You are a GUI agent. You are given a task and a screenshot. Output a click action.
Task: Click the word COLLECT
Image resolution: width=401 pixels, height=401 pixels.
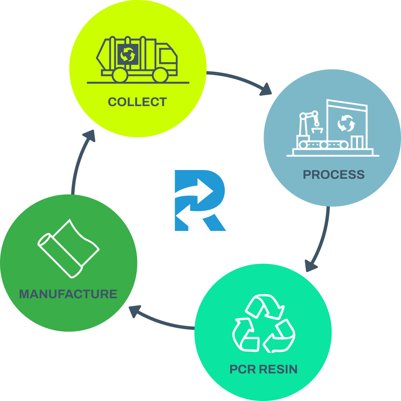click(137, 102)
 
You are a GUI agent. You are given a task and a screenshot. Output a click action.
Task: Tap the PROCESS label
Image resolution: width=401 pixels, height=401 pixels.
click(333, 174)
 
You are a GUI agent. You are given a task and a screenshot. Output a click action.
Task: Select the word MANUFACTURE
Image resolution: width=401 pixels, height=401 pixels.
click(68, 294)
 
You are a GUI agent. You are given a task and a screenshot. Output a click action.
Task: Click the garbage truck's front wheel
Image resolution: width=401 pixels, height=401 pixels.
click(160, 75)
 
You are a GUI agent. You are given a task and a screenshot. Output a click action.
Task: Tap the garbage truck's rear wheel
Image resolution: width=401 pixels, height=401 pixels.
click(120, 75)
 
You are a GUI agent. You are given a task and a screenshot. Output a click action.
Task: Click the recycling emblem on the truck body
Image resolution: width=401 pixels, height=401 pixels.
click(127, 54)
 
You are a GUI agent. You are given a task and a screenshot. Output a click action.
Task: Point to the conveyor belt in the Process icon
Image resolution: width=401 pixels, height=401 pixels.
click(324, 145)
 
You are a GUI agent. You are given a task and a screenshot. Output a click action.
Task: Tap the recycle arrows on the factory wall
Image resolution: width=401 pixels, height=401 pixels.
click(346, 123)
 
